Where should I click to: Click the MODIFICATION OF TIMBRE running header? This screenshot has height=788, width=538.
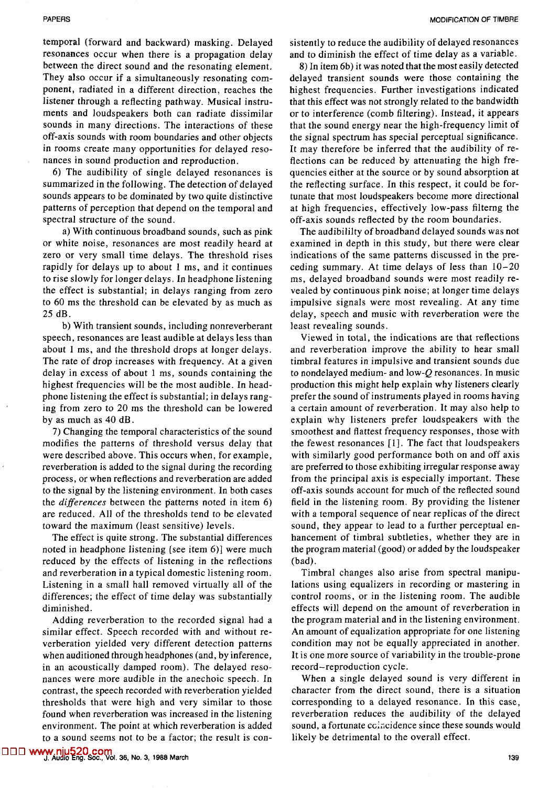[474, 19]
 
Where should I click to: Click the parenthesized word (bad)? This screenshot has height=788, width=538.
[301, 560]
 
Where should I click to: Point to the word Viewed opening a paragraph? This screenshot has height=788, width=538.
[316, 337]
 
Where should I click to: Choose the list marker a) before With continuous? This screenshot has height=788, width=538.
[66, 232]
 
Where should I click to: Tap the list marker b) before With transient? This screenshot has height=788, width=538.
[67, 326]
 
